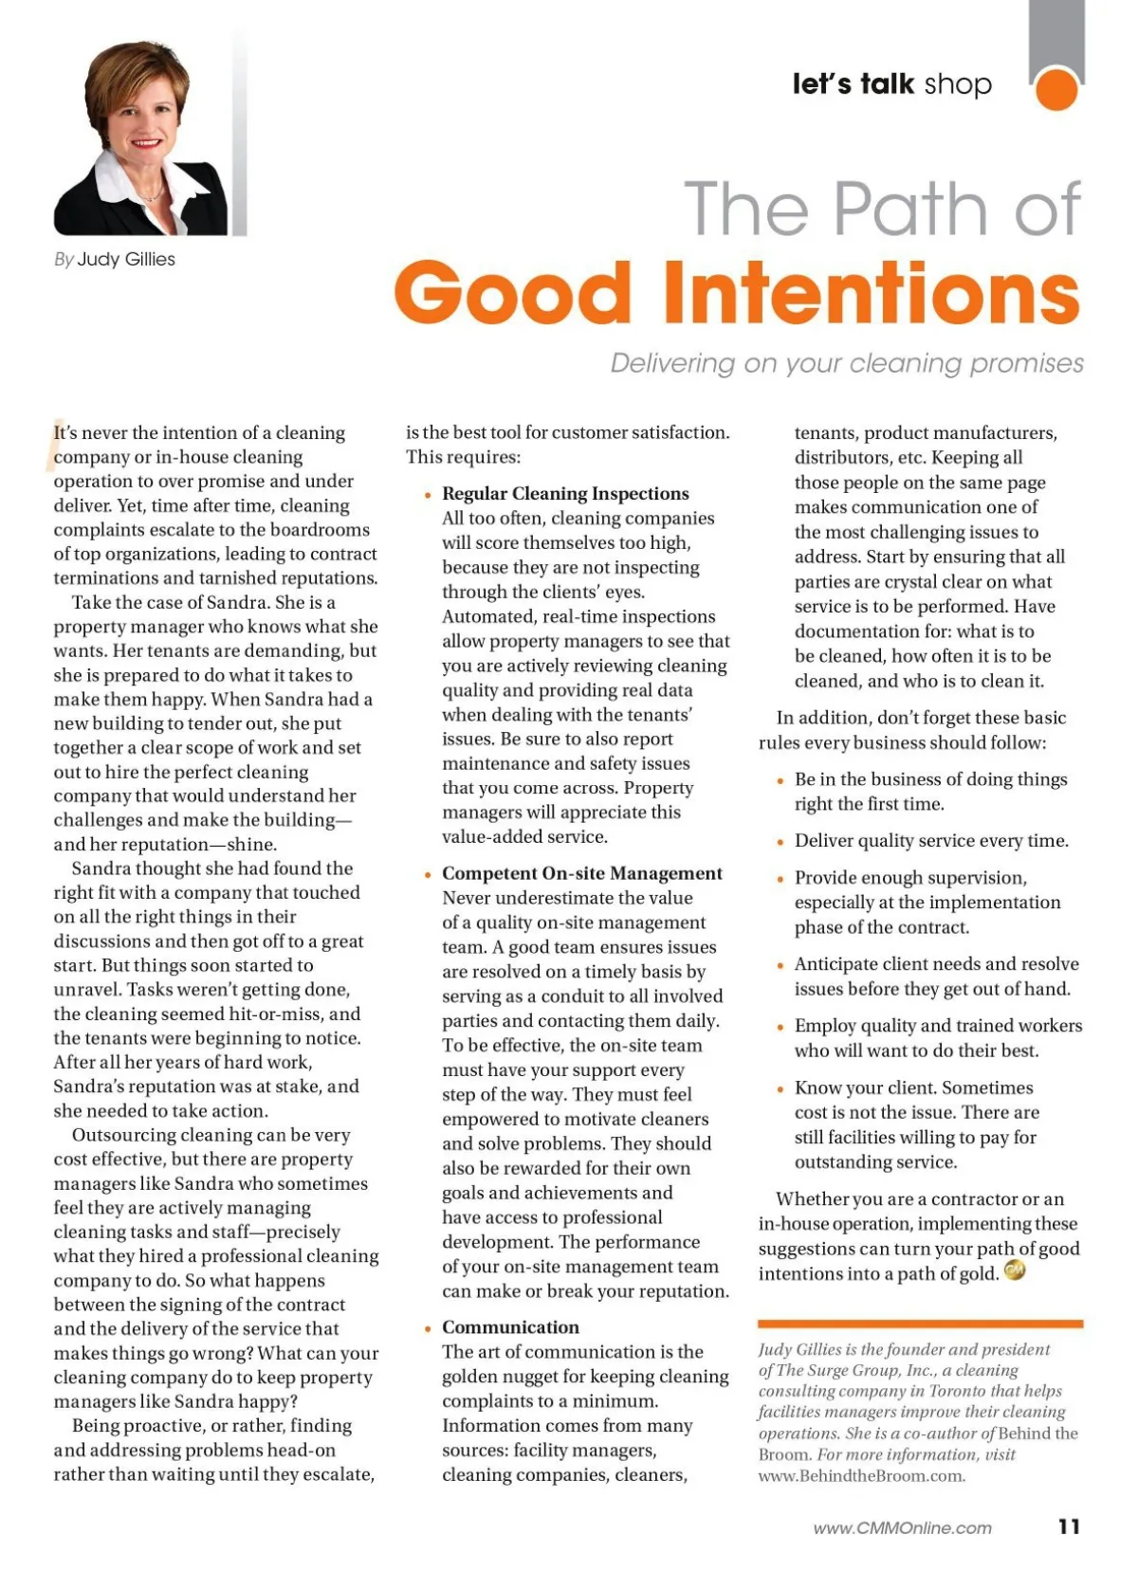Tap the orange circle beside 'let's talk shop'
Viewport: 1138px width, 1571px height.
(1056, 89)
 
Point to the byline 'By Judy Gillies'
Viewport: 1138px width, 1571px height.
(115, 259)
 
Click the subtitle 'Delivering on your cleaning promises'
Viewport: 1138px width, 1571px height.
(846, 363)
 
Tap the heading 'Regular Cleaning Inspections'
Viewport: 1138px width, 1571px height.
(565, 493)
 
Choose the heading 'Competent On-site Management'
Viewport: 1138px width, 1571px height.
(581, 873)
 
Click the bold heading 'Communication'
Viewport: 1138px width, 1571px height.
(510, 1326)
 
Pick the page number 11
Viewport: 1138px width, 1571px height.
(1069, 1525)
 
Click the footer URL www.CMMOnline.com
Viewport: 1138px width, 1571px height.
(902, 1527)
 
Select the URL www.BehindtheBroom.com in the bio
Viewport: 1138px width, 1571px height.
(861, 1475)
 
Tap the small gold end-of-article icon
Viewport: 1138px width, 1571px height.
(1014, 1270)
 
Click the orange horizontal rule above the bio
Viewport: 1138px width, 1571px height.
(920, 1324)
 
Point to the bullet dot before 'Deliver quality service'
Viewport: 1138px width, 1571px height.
(780, 842)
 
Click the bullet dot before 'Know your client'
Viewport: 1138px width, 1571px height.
(780, 1088)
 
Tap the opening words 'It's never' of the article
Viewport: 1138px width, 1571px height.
(88, 433)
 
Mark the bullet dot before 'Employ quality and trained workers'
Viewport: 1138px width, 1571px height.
(780, 1027)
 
